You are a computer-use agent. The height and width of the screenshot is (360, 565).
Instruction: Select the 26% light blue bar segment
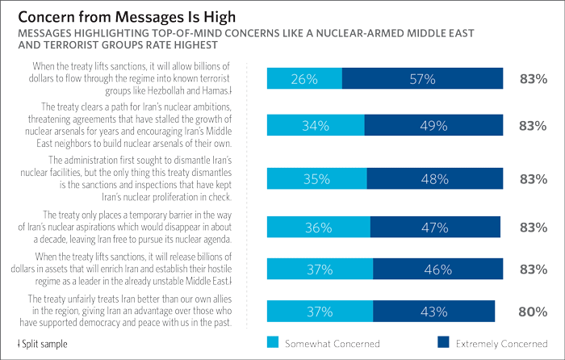pyautogui.click(x=304, y=78)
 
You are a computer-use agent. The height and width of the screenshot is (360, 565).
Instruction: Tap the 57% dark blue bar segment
pyautogui.click(x=422, y=78)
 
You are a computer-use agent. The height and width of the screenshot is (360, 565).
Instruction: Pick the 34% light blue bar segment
pyautogui.click(x=316, y=125)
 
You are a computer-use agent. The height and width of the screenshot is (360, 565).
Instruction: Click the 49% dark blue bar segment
pyautogui.click(x=433, y=125)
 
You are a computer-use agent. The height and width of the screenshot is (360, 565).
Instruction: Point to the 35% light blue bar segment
pyautogui.click(x=316, y=179)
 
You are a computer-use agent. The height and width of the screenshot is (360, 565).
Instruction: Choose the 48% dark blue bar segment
pyautogui.click(x=434, y=179)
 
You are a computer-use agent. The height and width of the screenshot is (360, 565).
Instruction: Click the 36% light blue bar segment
pyautogui.click(x=318, y=228)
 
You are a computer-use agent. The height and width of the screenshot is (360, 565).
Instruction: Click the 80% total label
pyautogui.click(x=534, y=310)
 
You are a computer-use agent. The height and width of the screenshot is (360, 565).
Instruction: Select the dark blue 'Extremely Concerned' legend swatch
pyautogui.click(x=443, y=342)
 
